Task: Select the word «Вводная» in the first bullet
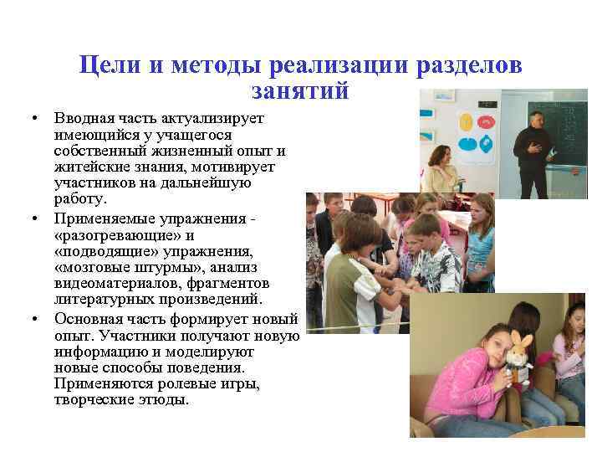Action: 83,119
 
